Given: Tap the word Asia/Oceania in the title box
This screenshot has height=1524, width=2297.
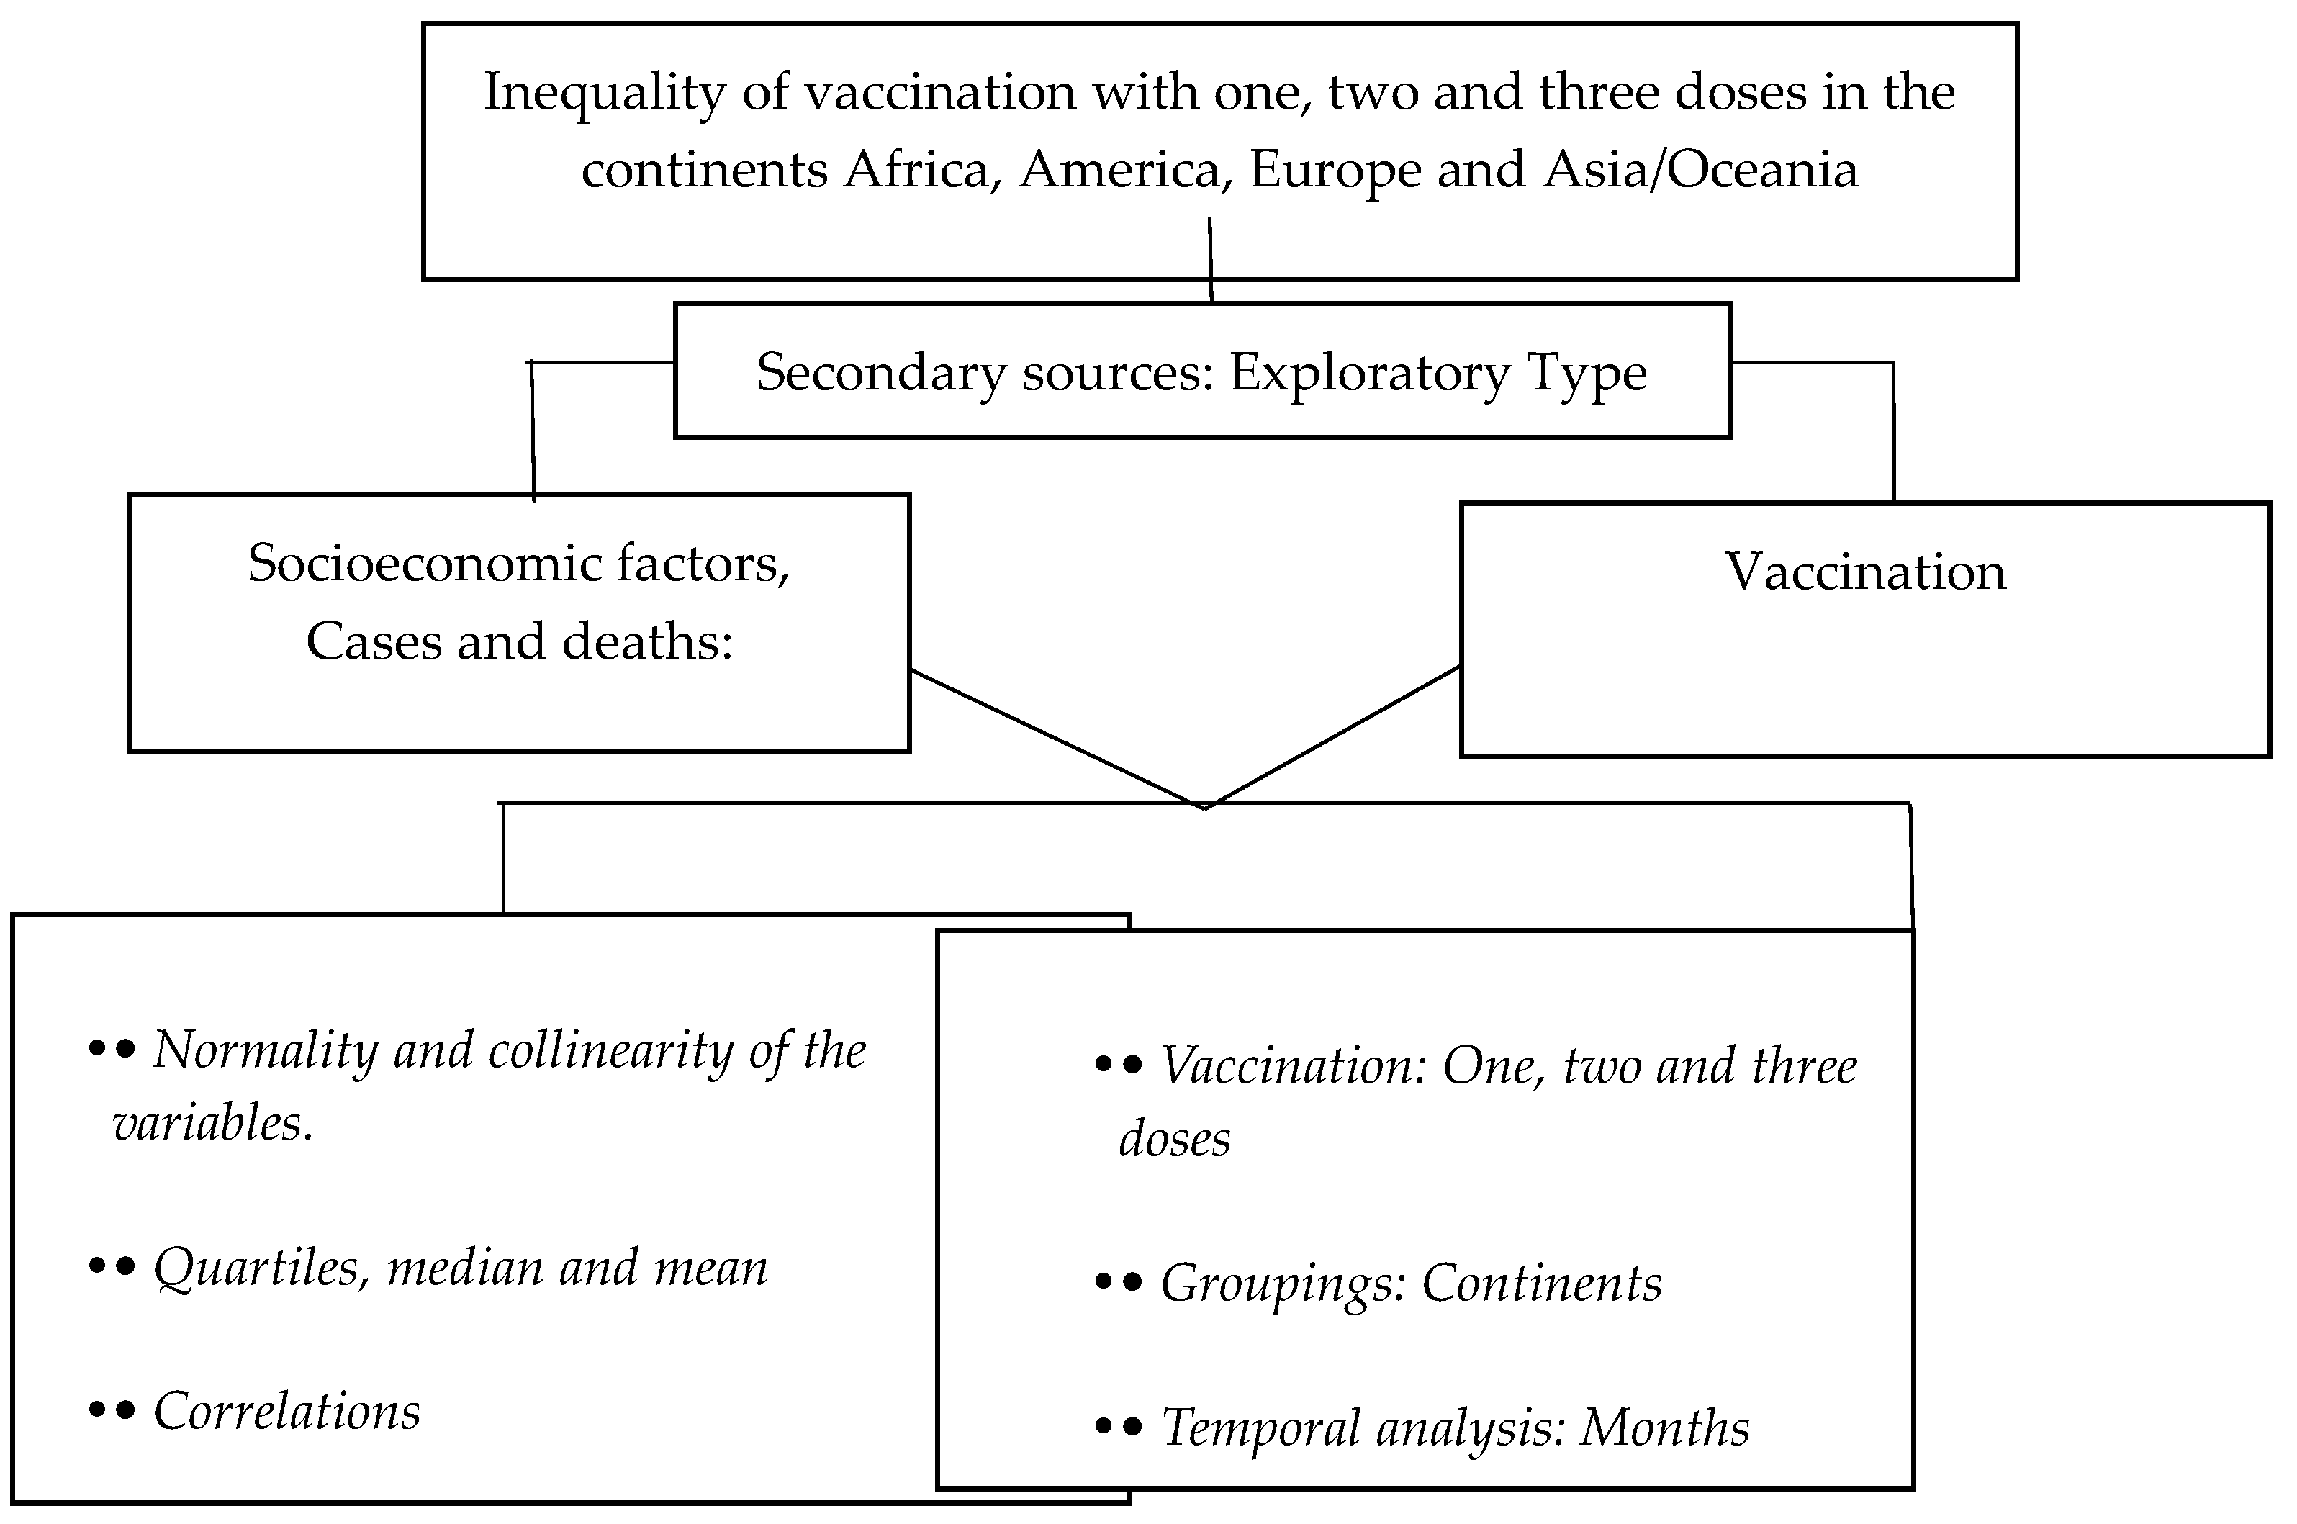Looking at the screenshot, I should pyautogui.click(x=1700, y=170).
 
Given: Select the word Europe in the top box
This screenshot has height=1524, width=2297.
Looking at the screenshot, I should pyautogui.click(x=1335, y=170).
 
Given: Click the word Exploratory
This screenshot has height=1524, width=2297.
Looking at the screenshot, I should pyautogui.click(x=1370, y=373).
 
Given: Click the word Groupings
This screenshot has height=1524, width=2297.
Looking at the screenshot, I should pyautogui.click(x=1283, y=1283).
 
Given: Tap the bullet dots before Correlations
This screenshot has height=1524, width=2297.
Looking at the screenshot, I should pyautogui.click(x=111, y=1410).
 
